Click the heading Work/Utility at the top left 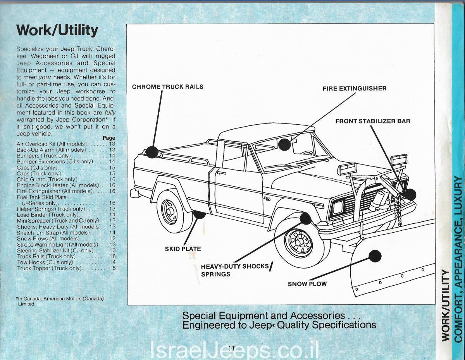(x=57, y=30)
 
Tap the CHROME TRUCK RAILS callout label (x=167, y=87)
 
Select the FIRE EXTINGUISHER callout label (x=354, y=89)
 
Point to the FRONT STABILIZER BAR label (x=372, y=121)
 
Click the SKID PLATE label (x=183, y=249)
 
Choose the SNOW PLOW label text (x=307, y=284)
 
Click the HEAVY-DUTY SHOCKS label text (x=235, y=266)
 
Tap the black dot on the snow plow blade (x=374, y=256)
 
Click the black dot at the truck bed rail (x=152, y=151)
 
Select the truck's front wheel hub (x=298, y=242)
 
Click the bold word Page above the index (x=109, y=138)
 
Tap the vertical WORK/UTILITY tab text (x=446, y=306)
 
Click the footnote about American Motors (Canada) (x=60, y=301)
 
